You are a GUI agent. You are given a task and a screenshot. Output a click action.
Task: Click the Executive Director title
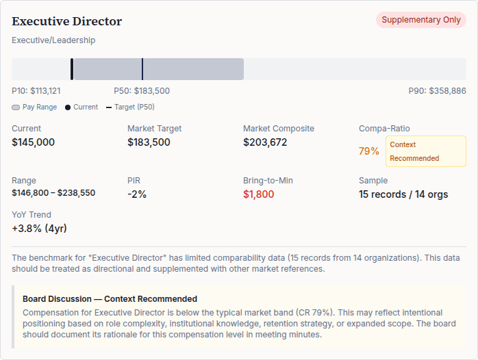(x=66, y=21)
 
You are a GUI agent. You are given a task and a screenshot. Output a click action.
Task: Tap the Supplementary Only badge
(x=420, y=20)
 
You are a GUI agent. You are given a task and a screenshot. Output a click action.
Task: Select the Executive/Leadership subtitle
(x=53, y=40)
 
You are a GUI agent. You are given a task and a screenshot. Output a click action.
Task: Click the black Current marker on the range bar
(x=72, y=69)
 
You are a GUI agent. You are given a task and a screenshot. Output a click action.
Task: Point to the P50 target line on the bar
(x=142, y=69)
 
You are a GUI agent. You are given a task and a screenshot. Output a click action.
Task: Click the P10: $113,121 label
(x=36, y=91)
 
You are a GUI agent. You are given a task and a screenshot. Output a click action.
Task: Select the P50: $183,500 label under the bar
(x=142, y=91)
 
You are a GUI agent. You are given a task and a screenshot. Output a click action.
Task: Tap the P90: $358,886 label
(x=437, y=91)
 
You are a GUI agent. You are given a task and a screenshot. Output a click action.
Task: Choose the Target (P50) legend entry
(x=129, y=107)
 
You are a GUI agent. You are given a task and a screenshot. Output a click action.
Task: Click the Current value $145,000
(x=33, y=142)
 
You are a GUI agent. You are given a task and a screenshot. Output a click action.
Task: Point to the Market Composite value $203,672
(x=265, y=142)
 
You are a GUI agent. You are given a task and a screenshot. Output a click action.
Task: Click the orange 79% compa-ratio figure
(x=368, y=151)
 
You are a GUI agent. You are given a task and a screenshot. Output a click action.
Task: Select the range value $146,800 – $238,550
(x=53, y=193)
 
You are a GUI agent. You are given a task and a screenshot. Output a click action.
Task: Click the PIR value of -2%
(x=137, y=194)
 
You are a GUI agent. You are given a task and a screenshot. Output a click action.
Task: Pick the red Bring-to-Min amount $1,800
(x=258, y=194)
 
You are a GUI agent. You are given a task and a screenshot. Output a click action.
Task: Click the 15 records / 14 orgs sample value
(x=403, y=194)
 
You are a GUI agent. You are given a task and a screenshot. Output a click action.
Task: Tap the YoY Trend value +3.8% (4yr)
(x=39, y=229)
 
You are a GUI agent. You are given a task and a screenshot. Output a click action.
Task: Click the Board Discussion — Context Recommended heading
(x=110, y=299)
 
